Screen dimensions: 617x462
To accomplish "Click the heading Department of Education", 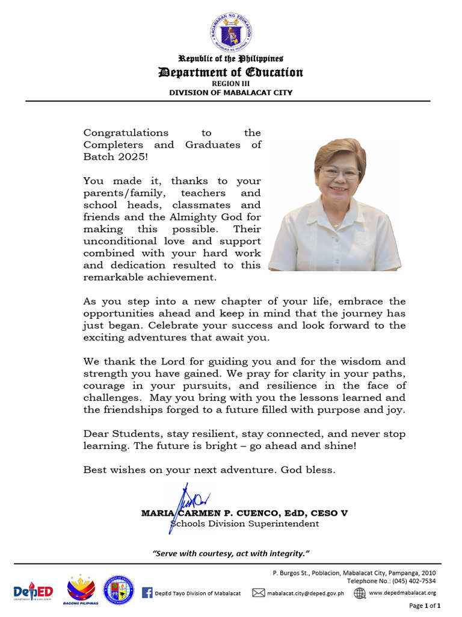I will (x=230, y=72).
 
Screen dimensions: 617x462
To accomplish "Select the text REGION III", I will (x=230, y=84).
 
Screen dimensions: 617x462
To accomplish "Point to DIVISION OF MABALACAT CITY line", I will (x=230, y=92).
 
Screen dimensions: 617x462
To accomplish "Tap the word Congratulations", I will (x=126, y=133).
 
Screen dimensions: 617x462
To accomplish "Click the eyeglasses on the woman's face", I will (x=340, y=172).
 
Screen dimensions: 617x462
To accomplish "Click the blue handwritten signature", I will (x=188, y=503).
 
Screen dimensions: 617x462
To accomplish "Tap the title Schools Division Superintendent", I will (x=244, y=524).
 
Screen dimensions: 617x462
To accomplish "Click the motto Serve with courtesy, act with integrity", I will (x=231, y=553).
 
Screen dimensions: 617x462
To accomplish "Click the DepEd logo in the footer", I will (x=33, y=591).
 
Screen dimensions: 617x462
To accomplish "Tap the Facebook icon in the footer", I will (x=147, y=593).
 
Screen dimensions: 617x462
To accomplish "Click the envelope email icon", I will (x=258, y=593).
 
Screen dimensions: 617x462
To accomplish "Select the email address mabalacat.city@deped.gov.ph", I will (x=306, y=593).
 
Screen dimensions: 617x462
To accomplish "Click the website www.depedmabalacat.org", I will (x=402, y=593).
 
